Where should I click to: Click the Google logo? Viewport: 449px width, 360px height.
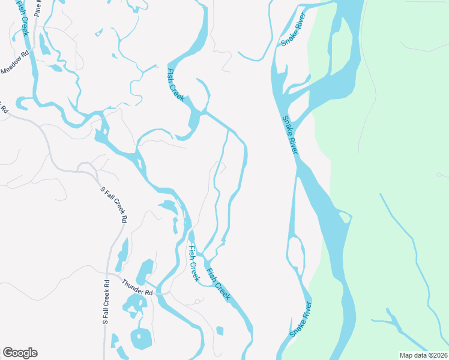coord(20,353)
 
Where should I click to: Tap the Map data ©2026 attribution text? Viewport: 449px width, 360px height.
coord(423,355)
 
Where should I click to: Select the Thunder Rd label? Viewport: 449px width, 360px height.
coord(137,288)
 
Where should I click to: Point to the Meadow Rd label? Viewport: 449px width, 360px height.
coord(16,62)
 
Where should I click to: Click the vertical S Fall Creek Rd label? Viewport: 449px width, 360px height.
coord(106,302)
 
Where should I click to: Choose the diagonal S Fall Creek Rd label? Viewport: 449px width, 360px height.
coord(114,205)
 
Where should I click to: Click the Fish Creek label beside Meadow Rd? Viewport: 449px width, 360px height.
coord(22,17)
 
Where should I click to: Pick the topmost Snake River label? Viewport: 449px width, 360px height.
coord(294,28)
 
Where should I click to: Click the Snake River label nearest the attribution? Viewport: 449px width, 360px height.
coord(301,318)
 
